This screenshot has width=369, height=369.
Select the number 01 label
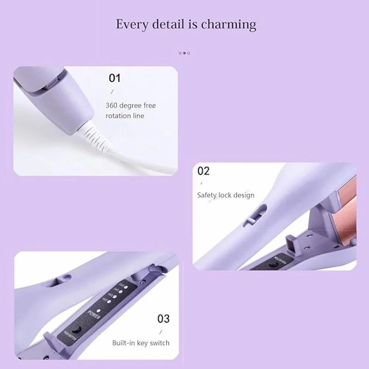point(114,78)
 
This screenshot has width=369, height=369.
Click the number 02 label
point(203,171)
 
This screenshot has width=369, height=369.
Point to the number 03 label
point(163,318)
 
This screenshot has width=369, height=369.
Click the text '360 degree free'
point(131,106)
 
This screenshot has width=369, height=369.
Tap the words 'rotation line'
point(125,116)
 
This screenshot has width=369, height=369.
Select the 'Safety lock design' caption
point(225,195)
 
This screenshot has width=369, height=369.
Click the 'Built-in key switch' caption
point(141,343)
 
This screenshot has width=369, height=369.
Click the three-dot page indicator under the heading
point(184,53)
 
